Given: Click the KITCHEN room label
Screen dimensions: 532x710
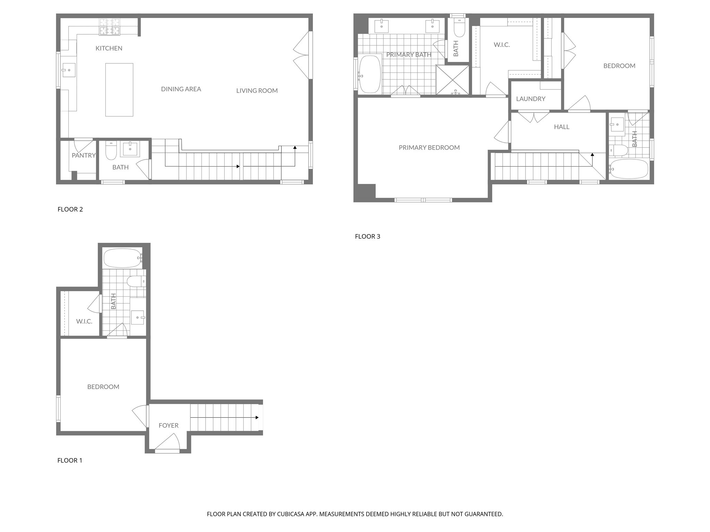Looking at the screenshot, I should click(x=109, y=48).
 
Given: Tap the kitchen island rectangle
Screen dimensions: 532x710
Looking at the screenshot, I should click(x=119, y=90).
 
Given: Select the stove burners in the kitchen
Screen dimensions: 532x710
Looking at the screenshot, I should click(x=110, y=27).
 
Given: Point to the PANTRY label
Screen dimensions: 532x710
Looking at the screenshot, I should click(x=83, y=156).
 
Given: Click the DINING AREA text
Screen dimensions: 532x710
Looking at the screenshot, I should click(x=181, y=89).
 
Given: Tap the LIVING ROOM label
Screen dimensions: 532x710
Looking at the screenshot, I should click(x=257, y=91).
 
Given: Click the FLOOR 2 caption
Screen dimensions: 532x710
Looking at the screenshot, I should click(x=70, y=209).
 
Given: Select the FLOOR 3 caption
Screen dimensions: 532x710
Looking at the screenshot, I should click(x=367, y=237).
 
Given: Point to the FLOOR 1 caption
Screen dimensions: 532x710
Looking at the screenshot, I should click(x=70, y=460).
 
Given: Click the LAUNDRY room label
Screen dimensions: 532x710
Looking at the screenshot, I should click(x=530, y=99).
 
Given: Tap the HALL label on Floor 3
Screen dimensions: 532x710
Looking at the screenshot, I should click(x=561, y=127).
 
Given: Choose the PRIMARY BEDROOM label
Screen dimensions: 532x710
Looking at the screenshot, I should click(x=429, y=148).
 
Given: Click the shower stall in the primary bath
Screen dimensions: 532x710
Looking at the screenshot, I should click(x=452, y=80).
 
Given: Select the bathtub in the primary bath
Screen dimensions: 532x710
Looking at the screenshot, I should click(x=370, y=74).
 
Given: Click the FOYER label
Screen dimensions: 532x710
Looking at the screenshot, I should click(x=168, y=425).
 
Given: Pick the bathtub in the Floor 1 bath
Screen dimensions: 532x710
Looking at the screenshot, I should click(x=122, y=258).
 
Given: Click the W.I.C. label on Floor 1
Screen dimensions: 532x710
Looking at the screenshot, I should click(x=84, y=321).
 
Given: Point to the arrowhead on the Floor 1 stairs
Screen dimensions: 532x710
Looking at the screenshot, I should click(x=257, y=418).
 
